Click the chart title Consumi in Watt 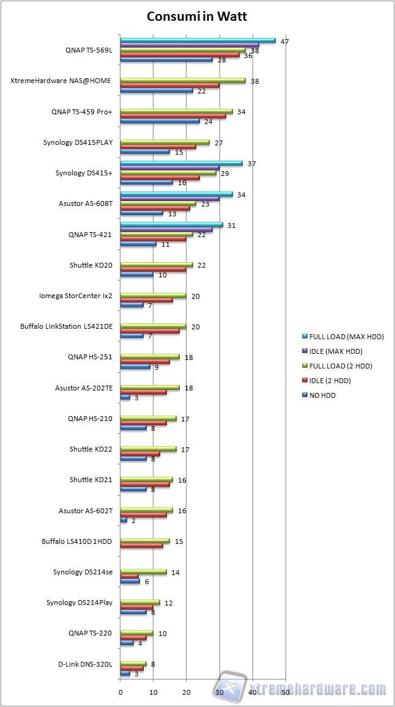[197, 16]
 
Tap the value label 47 [284, 41]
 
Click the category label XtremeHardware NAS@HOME [61, 81]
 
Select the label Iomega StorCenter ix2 [75, 296]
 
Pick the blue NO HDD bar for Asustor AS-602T [124, 520]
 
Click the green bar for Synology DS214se [143, 571]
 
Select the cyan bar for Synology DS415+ [181, 163]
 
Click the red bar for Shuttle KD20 [153, 269]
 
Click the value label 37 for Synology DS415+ [251, 164]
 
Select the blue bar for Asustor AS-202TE [125, 397]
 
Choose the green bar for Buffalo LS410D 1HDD [145, 541]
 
